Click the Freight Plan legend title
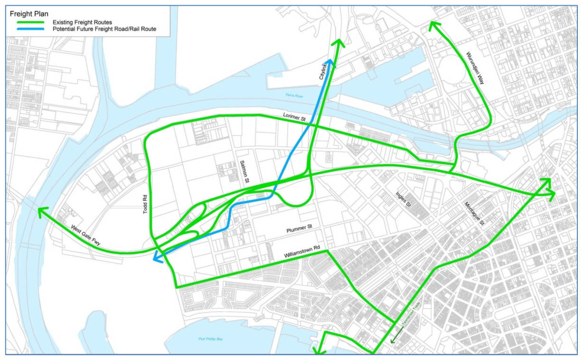point(29,14)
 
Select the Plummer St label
point(298,229)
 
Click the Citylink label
point(324,75)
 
